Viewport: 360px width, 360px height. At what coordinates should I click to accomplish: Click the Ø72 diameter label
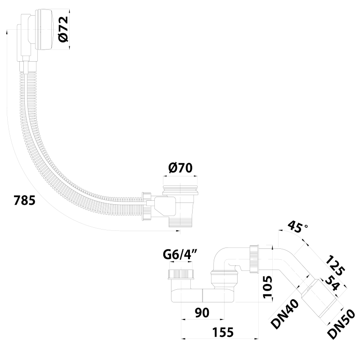tap(63, 29)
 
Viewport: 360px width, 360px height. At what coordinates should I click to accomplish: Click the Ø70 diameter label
tap(180, 168)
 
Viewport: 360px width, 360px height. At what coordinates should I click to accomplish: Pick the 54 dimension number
tap(333, 284)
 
